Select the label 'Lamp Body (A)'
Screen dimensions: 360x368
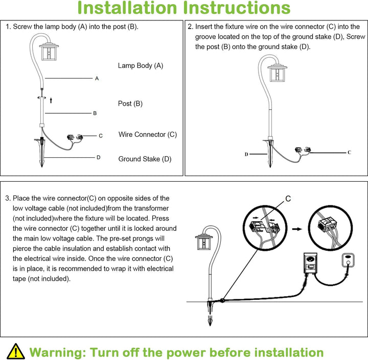(x=141, y=65)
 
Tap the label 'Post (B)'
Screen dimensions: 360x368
(x=130, y=104)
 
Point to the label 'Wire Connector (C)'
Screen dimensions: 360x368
(x=148, y=134)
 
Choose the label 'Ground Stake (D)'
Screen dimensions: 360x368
(x=145, y=159)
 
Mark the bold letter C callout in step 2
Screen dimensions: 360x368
(x=349, y=152)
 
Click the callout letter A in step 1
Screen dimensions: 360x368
(x=97, y=79)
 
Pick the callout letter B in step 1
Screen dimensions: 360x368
(x=95, y=113)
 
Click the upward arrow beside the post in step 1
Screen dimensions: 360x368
(x=51, y=100)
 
